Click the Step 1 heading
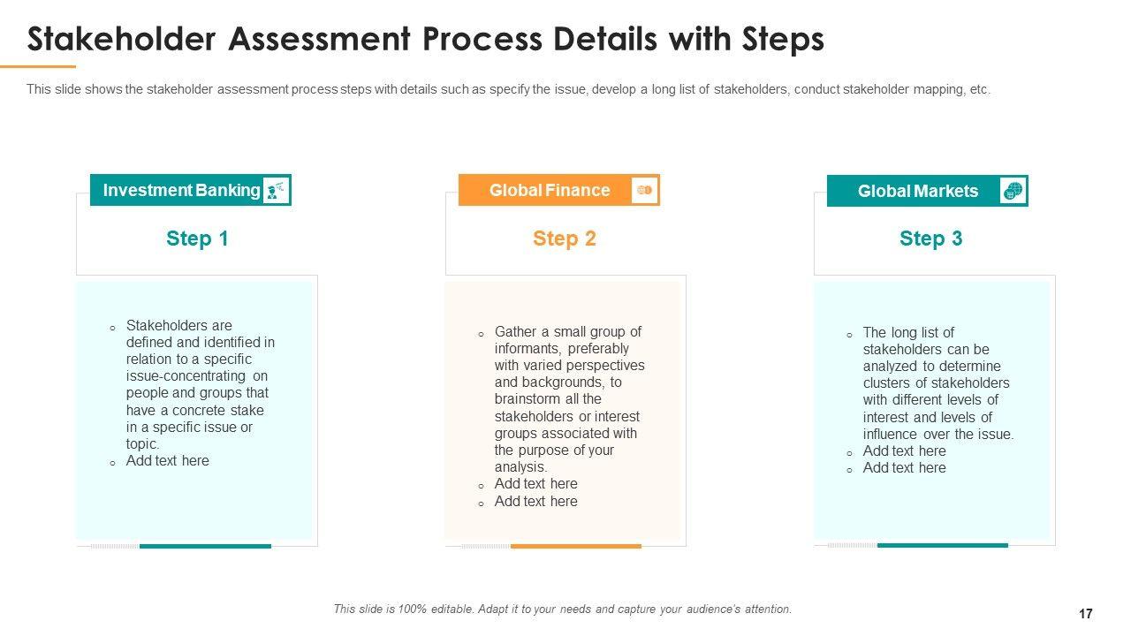tap(197, 238)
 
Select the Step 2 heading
tap(565, 238)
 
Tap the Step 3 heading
tap(931, 238)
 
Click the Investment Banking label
tap(181, 190)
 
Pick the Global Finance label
tap(550, 190)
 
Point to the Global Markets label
tap(918, 192)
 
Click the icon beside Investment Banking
tap(277, 190)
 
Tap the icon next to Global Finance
tap(645, 190)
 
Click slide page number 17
tap(1086, 614)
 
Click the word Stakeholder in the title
tap(121, 39)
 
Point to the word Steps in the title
tap(783, 40)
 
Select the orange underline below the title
tap(38, 66)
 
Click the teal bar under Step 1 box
tap(205, 546)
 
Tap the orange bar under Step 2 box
tap(575, 546)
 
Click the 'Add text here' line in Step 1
tap(167, 461)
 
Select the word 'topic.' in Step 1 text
tap(142, 444)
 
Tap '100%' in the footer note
tap(413, 609)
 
